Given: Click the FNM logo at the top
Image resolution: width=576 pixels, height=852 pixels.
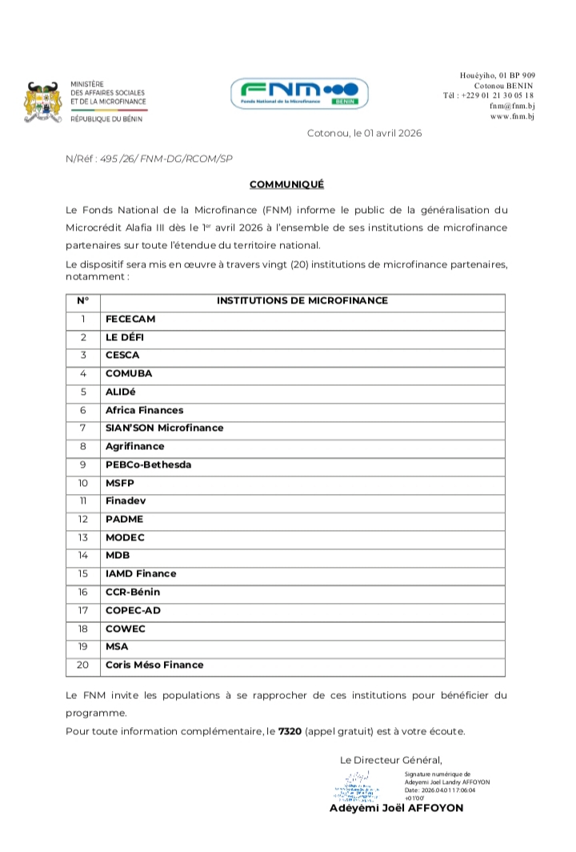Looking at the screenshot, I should [x=299, y=94].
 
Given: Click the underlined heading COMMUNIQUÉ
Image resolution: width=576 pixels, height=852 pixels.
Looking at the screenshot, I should [x=286, y=184].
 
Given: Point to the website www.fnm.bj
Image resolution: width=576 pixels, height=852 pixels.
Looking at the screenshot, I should [x=512, y=116].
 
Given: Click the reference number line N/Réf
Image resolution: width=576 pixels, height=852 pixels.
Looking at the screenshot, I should [x=149, y=159].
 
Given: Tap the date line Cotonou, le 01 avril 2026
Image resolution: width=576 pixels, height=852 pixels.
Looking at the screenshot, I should [x=364, y=133].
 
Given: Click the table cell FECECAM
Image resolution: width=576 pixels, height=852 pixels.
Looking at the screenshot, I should [x=130, y=319].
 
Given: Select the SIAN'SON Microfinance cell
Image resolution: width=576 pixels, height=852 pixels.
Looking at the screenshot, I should [x=164, y=428].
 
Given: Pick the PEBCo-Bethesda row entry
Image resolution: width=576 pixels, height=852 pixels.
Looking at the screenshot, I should [x=148, y=464].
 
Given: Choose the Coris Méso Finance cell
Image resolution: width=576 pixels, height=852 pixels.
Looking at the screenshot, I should [x=154, y=665].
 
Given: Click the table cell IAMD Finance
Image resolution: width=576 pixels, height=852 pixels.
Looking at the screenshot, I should [x=141, y=573].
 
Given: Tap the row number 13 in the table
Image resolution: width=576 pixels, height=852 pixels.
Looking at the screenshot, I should [x=82, y=537].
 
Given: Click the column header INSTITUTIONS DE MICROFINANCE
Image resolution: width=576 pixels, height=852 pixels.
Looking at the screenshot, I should [x=302, y=301].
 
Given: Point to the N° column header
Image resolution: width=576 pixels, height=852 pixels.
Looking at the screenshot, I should [x=82, y=301].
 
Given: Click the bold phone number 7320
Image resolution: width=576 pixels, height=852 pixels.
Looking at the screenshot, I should [x=290, y=731].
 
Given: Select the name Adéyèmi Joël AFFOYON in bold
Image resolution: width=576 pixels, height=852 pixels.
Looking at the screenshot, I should [x=396, y=808].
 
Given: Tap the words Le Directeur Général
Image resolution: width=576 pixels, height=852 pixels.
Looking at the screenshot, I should [x=390, y=760].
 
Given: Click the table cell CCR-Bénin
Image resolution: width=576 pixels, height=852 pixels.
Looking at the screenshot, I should [x=133, y=592].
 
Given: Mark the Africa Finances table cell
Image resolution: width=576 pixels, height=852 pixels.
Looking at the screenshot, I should [x=144, y=410].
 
